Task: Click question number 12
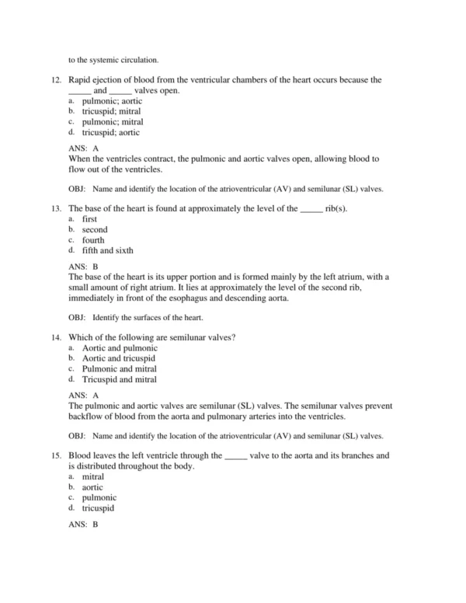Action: click(55, 80)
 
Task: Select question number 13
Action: click(55, 209)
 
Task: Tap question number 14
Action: click(55, 337)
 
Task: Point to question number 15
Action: click(55, 455)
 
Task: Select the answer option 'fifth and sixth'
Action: click(107, 251)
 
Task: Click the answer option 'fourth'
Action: click(93, 241)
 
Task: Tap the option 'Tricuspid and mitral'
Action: click(119, 380)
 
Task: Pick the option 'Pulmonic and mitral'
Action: click(119, 369)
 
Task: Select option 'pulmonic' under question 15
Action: click(99, 497)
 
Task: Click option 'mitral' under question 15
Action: click(93, 476)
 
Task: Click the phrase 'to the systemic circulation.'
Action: click(113, 59)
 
